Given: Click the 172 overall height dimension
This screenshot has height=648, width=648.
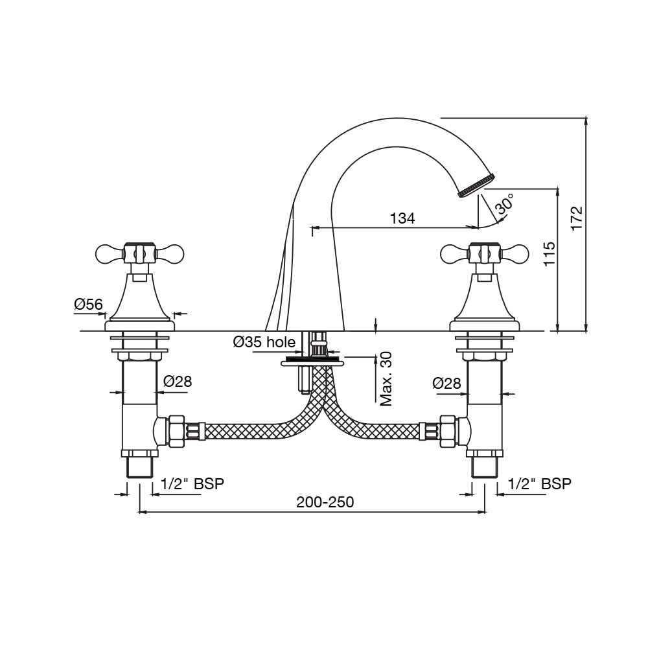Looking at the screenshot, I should (x=577, y=218).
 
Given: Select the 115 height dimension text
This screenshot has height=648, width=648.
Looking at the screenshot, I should (x=549, y=255).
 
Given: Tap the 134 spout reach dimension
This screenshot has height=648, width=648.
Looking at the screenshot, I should (x=402, y=218).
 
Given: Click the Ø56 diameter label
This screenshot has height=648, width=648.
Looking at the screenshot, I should (x=89, y=303).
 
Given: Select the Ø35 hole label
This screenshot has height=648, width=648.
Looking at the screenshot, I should (x=264, y=342).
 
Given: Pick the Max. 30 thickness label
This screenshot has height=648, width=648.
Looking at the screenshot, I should (x=386, y=379).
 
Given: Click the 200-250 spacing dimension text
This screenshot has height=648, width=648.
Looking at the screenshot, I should (x=325, y=502).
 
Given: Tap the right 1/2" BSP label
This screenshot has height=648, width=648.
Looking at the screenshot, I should (x=540, y=483).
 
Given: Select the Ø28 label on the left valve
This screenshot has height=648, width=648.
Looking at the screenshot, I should (x=178, y=382).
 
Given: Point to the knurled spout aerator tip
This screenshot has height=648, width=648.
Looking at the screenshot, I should (x=476, y=184).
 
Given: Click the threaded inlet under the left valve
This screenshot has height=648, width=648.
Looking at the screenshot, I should (x=140, y=467).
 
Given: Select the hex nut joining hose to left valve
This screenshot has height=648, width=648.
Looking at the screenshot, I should (x=175, y=431).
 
